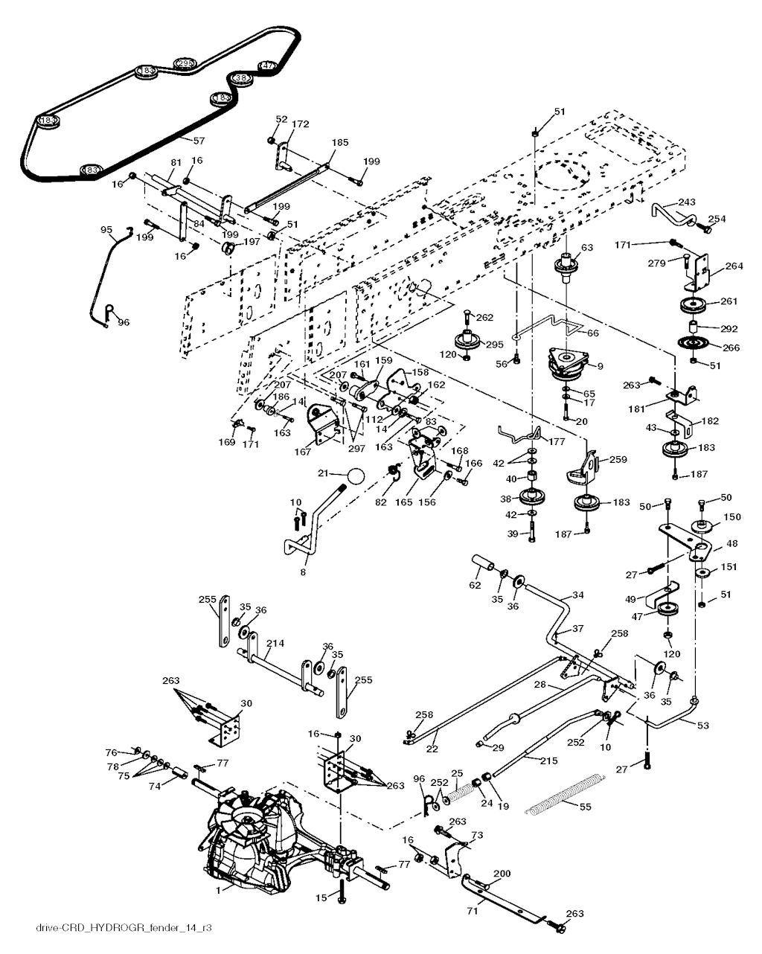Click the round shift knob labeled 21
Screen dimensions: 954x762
pyautogui.click(x=355, y=476)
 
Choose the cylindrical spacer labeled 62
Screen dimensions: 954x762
pyautogui.click(x=481, y=564)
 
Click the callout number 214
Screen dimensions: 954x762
pyautogui.click(x=275, y=642)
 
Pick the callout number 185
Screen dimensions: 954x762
pyautogui.click(x=339, y=141)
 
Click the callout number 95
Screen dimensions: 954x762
pyautogui.click(x=106, y=230)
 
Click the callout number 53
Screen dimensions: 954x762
pyautogui.click(x=702, y=726)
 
